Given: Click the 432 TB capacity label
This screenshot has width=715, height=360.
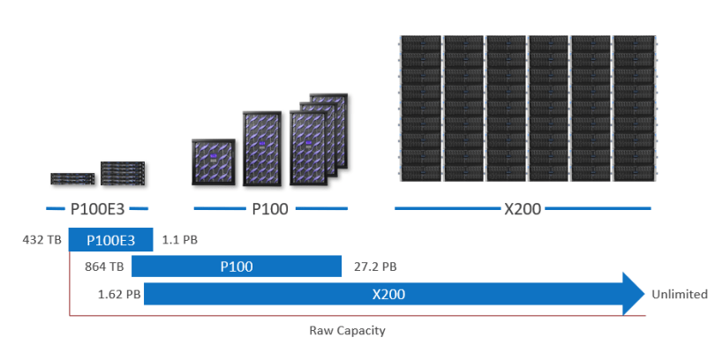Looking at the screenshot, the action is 41,239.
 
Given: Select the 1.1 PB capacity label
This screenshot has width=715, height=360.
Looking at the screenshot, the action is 179,239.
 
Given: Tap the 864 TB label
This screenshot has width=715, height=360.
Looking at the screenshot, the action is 102,266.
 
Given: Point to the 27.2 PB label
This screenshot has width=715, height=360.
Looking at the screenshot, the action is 374,266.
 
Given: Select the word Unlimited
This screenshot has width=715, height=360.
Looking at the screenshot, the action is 679,294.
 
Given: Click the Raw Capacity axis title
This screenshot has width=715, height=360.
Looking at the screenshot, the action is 347,331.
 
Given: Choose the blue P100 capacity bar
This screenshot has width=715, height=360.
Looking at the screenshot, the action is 236,266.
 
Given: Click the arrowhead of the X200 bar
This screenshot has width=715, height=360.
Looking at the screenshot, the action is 634,294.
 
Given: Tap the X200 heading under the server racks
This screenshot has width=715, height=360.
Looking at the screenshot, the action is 523,209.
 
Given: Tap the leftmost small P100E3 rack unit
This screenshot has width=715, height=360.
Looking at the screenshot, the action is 72,177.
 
